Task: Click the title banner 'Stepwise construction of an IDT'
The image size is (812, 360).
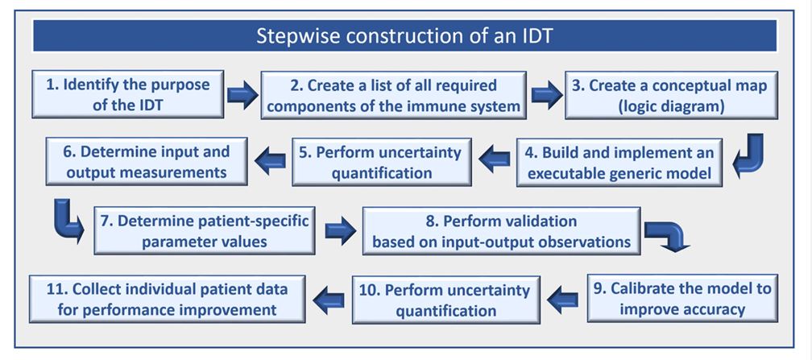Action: pyautogui.click(x=404, y=35)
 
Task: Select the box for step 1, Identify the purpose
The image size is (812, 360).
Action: pyautogui.click(x=128, y=94)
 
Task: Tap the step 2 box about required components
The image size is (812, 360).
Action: pyautogui.click(x=394, y=95)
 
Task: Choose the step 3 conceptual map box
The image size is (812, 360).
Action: pyautogui.click(x=671, y=95)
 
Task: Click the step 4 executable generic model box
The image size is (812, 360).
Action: pyautogui.click(x=619, y=162)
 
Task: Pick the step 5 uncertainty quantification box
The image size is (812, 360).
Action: pyautogui.click(x=382, y=162)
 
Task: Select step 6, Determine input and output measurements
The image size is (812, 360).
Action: pyautogui.click(x=147, y=160)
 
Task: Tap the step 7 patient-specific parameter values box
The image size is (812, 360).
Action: pyautogui.click(x=205, y=230)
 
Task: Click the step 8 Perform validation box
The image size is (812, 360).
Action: pyautogui.click(x=501, y=230)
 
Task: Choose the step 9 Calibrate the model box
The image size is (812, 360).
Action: pyautogui.click(x=682, y=298)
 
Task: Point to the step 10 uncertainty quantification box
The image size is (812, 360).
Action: pyautogui.click(x=446, y=300)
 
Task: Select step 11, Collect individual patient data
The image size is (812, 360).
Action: pyautogui.click(x=168, y=299)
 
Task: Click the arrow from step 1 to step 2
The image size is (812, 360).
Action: pyautogui.click(x=242, y=95)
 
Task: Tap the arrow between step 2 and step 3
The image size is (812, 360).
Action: pyautogui.click(x=546, y=95)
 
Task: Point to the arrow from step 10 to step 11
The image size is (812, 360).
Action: pyautogui.click(x=329, y=300)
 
